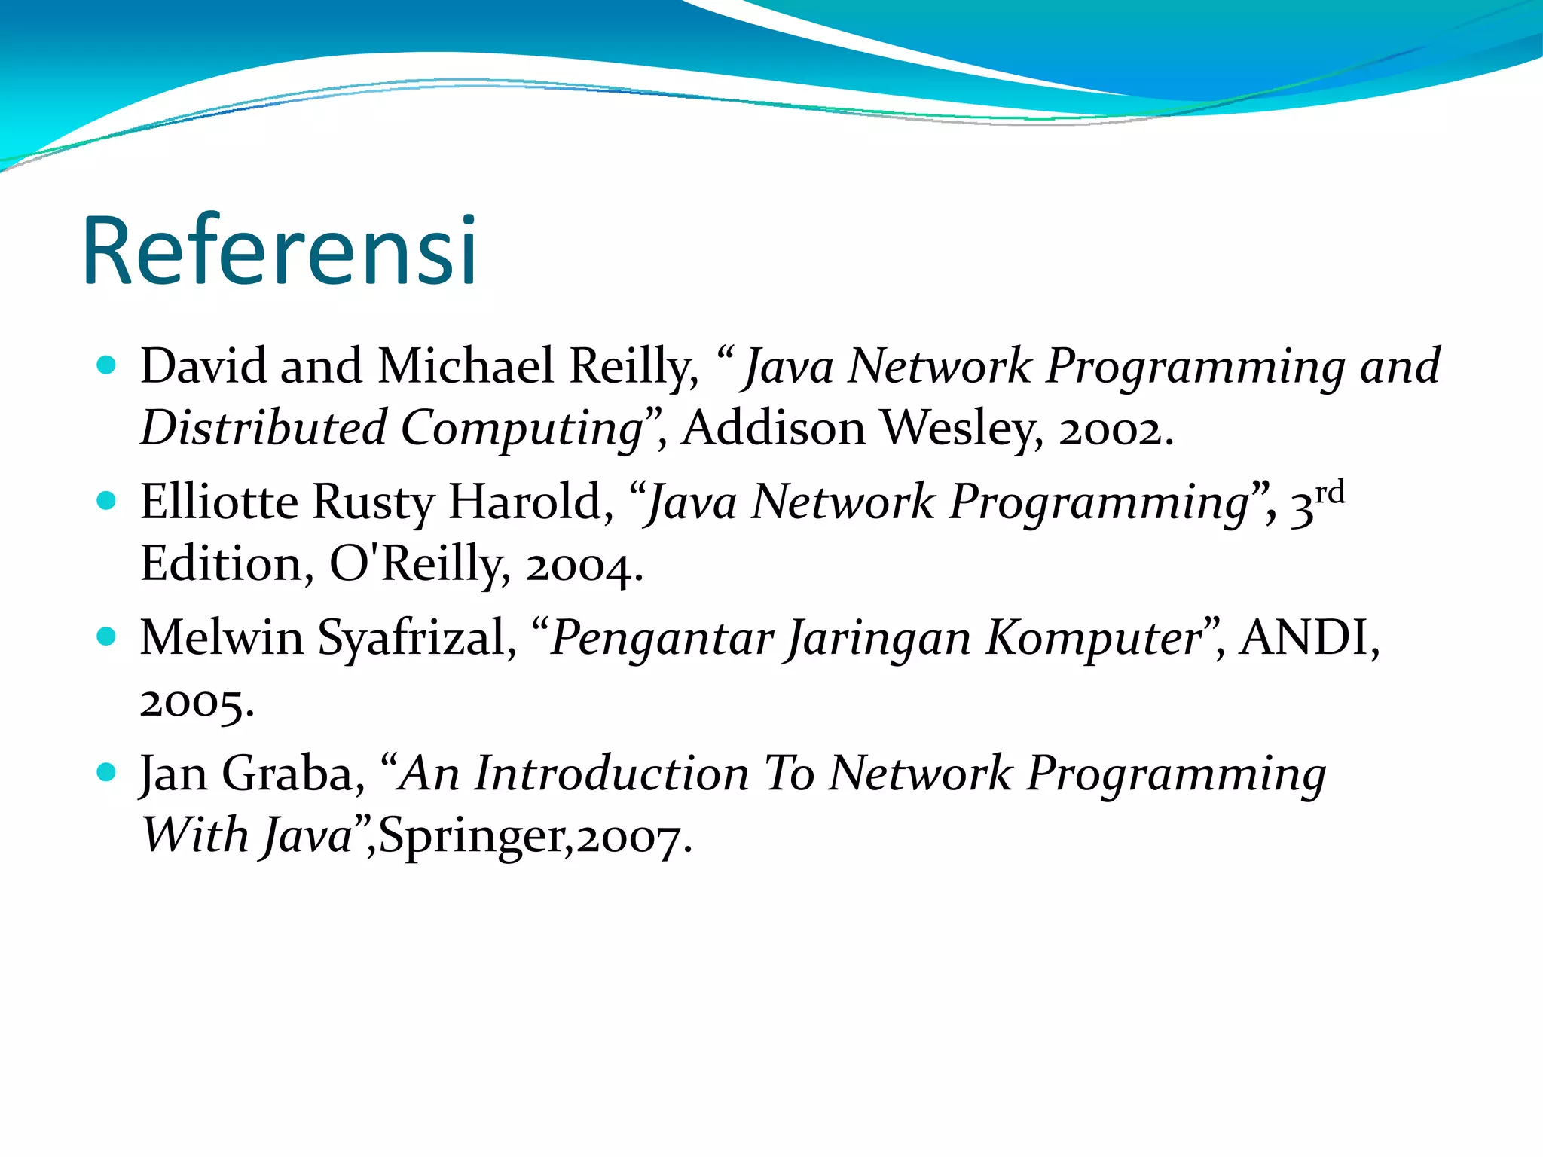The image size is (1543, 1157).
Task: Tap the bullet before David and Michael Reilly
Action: (x=107, y=365)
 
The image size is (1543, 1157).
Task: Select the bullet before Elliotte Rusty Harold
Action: (x=107, y=501)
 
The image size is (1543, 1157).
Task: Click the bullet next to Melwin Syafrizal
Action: (x=107, y=637)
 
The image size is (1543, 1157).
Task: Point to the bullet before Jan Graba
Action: (x=107, y=772)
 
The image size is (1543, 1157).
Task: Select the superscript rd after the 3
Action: (x=1330, y=493)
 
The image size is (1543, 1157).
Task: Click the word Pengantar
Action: (x=662, y=640)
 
